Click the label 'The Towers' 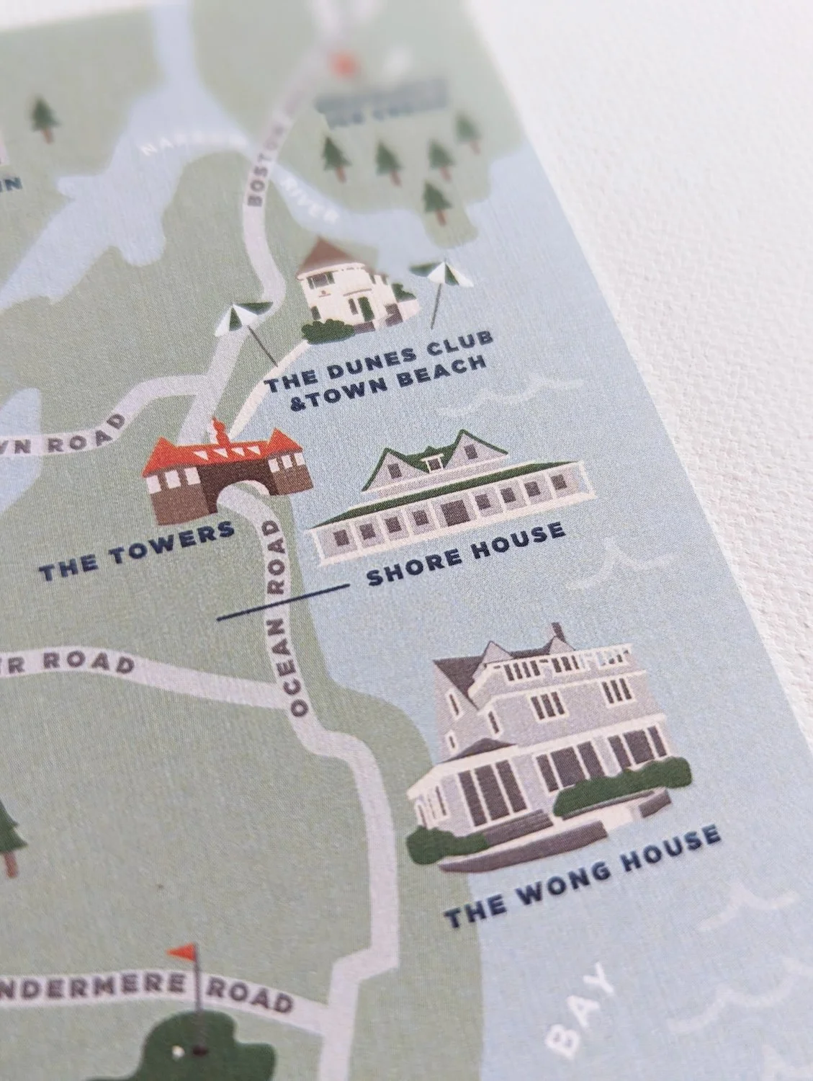pyautogui.click(x=137, y=552)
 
